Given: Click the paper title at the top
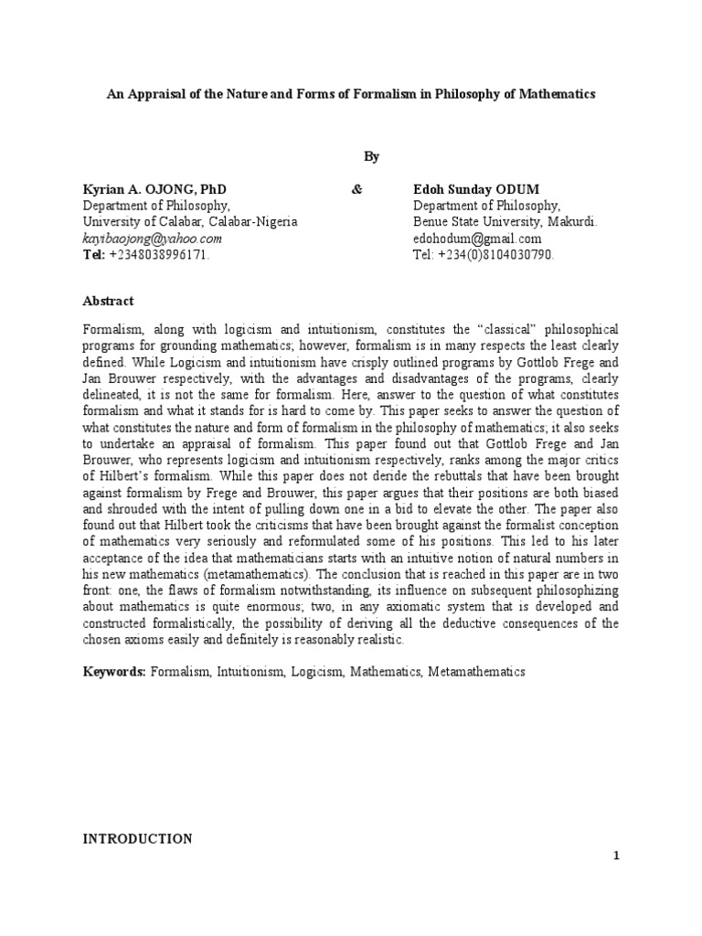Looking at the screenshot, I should coord(351,94).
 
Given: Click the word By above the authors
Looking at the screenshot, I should coord(371,157).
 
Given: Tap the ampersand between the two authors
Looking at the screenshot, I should coord(356,189).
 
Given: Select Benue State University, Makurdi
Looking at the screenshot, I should coord(505,222).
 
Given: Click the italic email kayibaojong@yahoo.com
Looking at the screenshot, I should coord(152,239).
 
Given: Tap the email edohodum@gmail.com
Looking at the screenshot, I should coord(477,239).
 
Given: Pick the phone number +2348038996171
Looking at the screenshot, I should coord(160,255).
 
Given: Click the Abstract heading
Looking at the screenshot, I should coord(108,301).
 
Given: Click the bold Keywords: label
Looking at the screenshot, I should coord(114,672).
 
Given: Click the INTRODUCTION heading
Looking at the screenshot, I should coord(137,839).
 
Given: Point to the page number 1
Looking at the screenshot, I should coord(616,856).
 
